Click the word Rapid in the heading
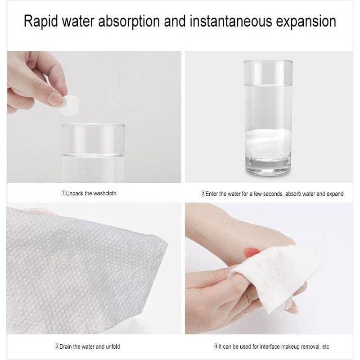point(41,21)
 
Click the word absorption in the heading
point(129,21)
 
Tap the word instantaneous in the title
point(231,21)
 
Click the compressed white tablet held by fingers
point(70,105)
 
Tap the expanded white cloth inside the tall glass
point(268,143)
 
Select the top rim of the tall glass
point(268,61)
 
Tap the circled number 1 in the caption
point(63,193)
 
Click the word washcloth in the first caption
point(104,193)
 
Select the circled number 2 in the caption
point(203,194)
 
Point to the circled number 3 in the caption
point(57,346)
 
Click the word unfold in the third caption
point(113,346)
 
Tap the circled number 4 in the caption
point(216,346)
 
